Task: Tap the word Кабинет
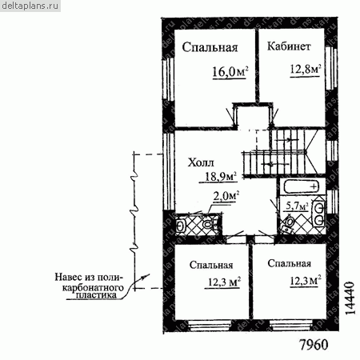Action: click(289, 46)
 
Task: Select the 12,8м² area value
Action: click(305, 70)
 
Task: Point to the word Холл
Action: click(201, 162)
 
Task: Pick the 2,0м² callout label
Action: click(226, 196)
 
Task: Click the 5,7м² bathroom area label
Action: click(297, 206)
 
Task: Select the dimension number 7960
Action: click(314, 345)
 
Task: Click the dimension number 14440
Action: click(350, 298)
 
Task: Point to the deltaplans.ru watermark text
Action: click(30, 6)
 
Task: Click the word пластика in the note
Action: click(96, 295)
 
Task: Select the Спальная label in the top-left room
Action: click(210, 47)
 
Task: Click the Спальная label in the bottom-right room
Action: click(290, 263)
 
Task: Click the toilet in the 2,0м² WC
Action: click(208, 225)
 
